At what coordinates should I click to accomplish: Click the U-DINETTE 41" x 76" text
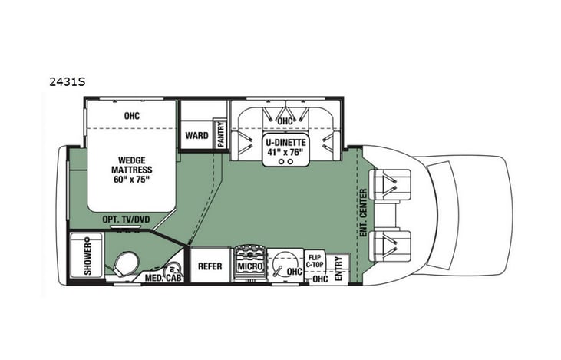[286, 146]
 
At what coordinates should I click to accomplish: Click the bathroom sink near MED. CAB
[174, 269]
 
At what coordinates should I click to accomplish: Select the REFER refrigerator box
[210, 266]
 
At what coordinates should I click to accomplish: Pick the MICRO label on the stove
[250, 266]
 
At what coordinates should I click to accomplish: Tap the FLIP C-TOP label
[315, 260]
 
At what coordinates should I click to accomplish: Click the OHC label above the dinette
[285, 121]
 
